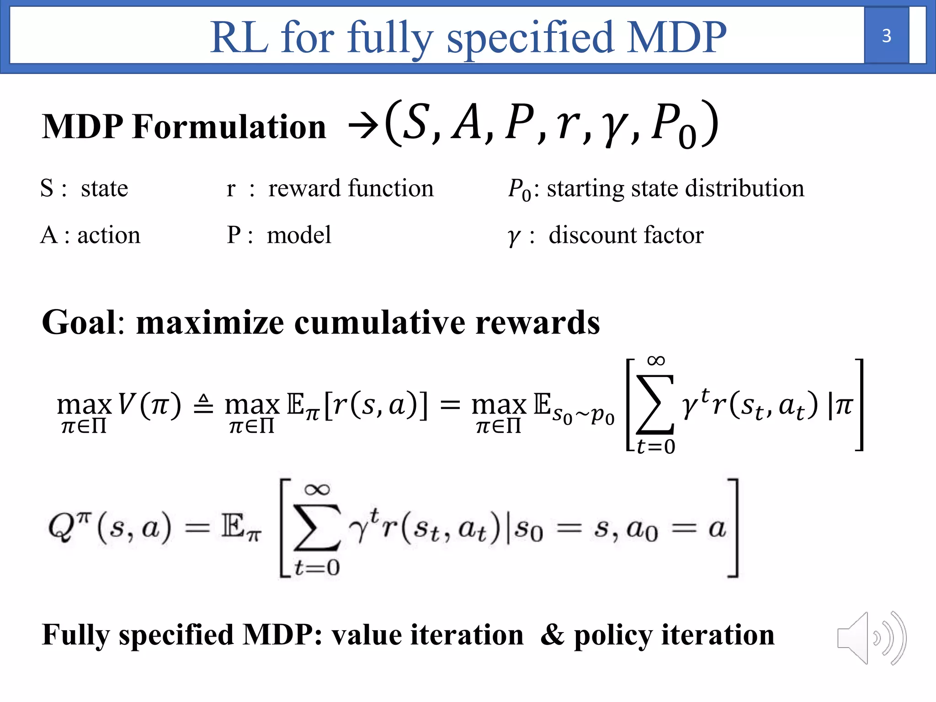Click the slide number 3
[886, 36]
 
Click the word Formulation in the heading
[229, 127]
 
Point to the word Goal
[80, 323]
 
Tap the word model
[299, 235]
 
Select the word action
[109, 235]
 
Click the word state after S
[104, 188]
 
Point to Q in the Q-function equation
[60, 528]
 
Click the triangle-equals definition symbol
[203, 404]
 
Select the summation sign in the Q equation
[316, 528]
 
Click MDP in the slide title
[676, 37]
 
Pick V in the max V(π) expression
[127, 404]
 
